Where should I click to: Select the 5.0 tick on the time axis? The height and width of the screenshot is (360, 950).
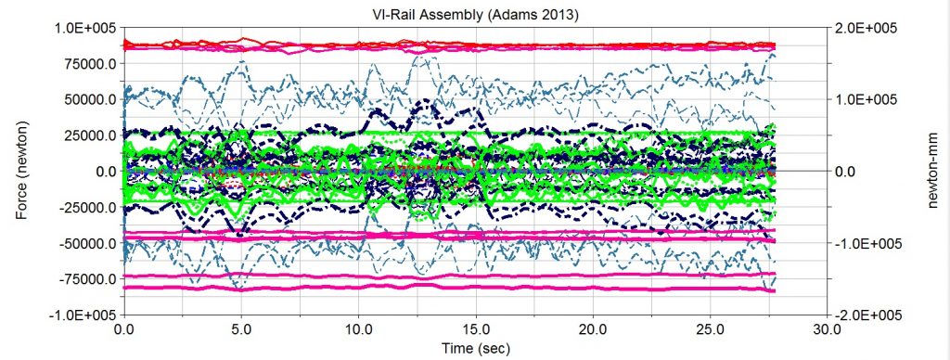point(241,328)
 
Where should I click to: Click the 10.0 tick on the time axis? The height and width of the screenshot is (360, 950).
point(357,328)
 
